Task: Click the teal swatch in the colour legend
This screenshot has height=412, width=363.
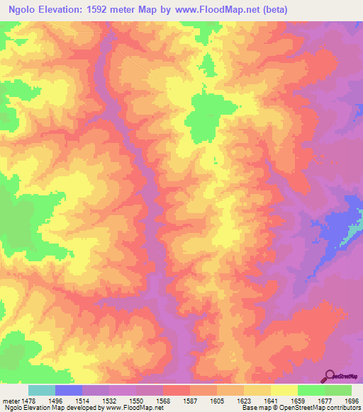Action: pyautogui.click(x=42, y=390)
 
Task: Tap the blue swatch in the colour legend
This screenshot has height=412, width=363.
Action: pyautogui.click(x=69, y=390)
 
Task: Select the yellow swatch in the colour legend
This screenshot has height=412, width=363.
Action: pyautogui.click(x=284, y=390)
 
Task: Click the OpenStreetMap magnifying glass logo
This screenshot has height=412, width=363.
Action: pyautogui.click(x=330, y=375)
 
